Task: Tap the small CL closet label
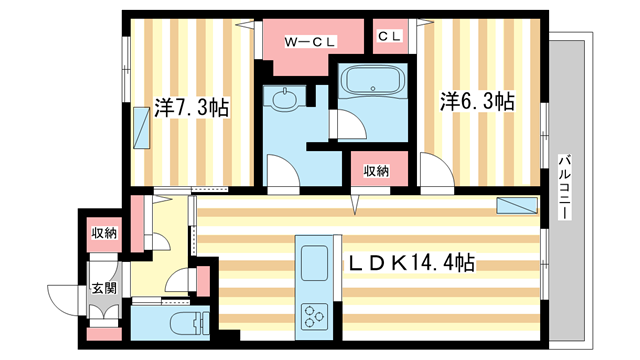tap(390, 36)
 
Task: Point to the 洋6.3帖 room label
tap(479, 101)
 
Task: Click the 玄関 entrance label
tap(104, 289)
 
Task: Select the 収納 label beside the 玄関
tap(105, 233)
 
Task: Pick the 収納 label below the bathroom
tap(376, 171)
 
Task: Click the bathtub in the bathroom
tap(370, 83)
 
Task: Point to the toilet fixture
tap(186, 323)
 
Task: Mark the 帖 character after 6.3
tap(505, 101)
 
